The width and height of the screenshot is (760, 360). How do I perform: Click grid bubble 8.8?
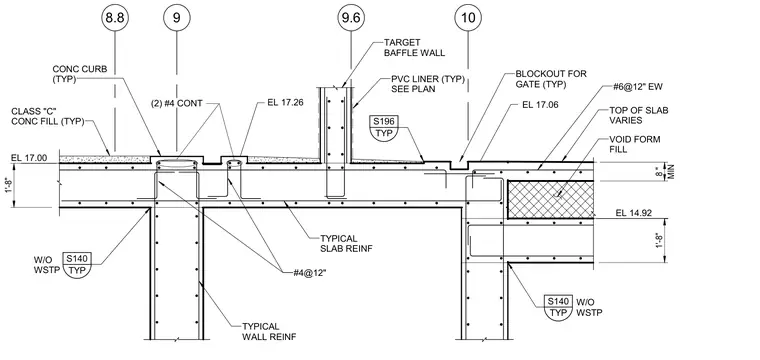(x=115, y=18)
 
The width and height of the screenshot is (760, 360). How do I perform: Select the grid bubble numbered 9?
(x=176, y=18)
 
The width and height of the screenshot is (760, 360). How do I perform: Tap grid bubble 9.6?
(x=350, y=18)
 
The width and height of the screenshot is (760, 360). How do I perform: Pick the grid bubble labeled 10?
(x=468, y=18)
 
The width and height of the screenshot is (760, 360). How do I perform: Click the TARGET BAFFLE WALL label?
(x=414, y=47)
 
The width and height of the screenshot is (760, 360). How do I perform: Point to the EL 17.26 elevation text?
(x=285, y=103)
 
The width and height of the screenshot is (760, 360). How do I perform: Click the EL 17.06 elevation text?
(x=540, y=104)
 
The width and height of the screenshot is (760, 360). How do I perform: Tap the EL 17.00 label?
(x=29, y=157)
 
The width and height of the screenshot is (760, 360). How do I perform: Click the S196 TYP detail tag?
(x=382, y=127)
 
